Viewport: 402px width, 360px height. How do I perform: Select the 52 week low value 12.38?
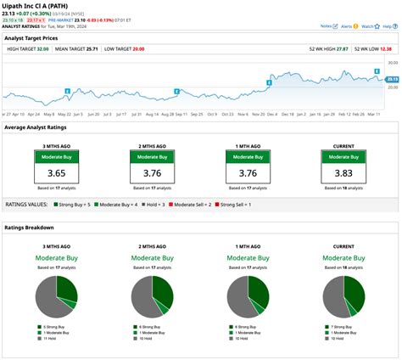pos(388,50)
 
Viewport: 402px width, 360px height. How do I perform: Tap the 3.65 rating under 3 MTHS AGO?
pos(56,173)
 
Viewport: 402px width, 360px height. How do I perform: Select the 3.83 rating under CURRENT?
pos(343,173)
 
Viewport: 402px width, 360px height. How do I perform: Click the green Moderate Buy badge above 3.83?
pos(343,157)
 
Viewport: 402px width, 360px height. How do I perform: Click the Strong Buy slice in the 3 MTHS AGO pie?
pos(66,284)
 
